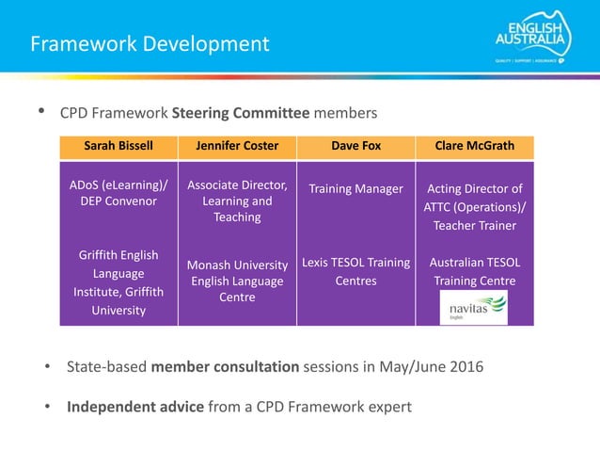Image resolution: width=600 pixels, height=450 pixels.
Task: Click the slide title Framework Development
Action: click(x=150, y=44)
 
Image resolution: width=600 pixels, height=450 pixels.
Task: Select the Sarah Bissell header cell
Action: click(x=118, y=146)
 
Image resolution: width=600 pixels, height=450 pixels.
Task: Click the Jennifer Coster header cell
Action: click(x=237, y=146)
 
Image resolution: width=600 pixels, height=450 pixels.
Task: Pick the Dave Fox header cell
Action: click(x=355, y=146)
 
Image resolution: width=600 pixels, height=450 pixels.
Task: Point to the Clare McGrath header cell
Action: click(x=475, y=146)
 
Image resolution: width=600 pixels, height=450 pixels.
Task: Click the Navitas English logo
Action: click(x=475, y=308)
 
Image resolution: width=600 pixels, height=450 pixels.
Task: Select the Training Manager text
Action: click(x=355, y=189)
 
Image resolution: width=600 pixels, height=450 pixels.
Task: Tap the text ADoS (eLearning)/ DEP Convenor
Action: click(x=118, y=192)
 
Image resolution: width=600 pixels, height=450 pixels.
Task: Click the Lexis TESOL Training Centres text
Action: click(x=355, y=271)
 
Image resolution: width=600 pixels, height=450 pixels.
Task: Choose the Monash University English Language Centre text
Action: click(x=237, y=281)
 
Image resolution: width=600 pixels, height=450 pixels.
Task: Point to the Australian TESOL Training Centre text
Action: click(x=475, y=271)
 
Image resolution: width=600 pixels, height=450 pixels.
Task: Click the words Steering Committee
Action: click(x=241, y=114)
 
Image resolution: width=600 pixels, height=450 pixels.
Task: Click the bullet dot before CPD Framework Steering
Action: click(x=40, y=113)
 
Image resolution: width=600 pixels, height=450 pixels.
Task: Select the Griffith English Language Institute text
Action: click(x=118, y=282)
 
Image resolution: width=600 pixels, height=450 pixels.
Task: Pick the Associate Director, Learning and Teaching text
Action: click(x=237, y=201)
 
